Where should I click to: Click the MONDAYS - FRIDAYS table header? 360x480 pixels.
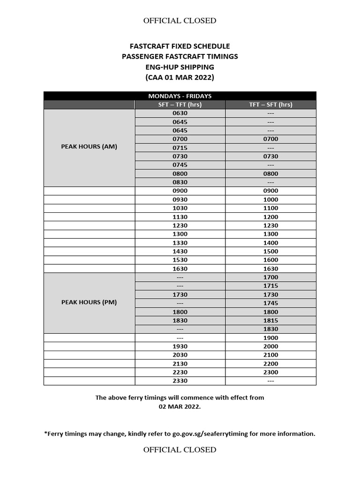coord(180,96)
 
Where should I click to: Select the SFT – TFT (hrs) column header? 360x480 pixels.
coord(180,105)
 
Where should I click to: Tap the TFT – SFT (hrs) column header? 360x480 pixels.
coord(270,105)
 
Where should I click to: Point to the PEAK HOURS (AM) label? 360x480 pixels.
coord(89,147)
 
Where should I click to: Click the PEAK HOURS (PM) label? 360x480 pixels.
coord(89,302)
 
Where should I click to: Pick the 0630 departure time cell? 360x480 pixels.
coord(180,113)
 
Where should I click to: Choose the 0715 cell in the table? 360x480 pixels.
coord(180,148)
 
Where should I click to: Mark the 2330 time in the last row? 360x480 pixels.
coord(180,381)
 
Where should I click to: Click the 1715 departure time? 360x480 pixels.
coord(270,286)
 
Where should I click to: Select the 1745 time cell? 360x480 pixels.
coord(270,303)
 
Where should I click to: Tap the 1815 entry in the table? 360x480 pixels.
coord(270,321)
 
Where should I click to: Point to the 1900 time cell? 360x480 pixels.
coord(270,338)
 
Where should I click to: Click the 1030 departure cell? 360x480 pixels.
coord(180,208)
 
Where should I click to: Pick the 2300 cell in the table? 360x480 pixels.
coord(270,372)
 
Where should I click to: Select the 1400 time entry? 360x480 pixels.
coord(270,243)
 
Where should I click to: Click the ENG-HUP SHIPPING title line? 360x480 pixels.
coord(180,67)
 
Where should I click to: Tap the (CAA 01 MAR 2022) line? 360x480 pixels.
coord(180,77)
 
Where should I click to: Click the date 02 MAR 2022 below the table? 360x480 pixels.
coord(180,406)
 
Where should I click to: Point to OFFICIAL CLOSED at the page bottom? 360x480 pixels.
coord(180,450)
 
